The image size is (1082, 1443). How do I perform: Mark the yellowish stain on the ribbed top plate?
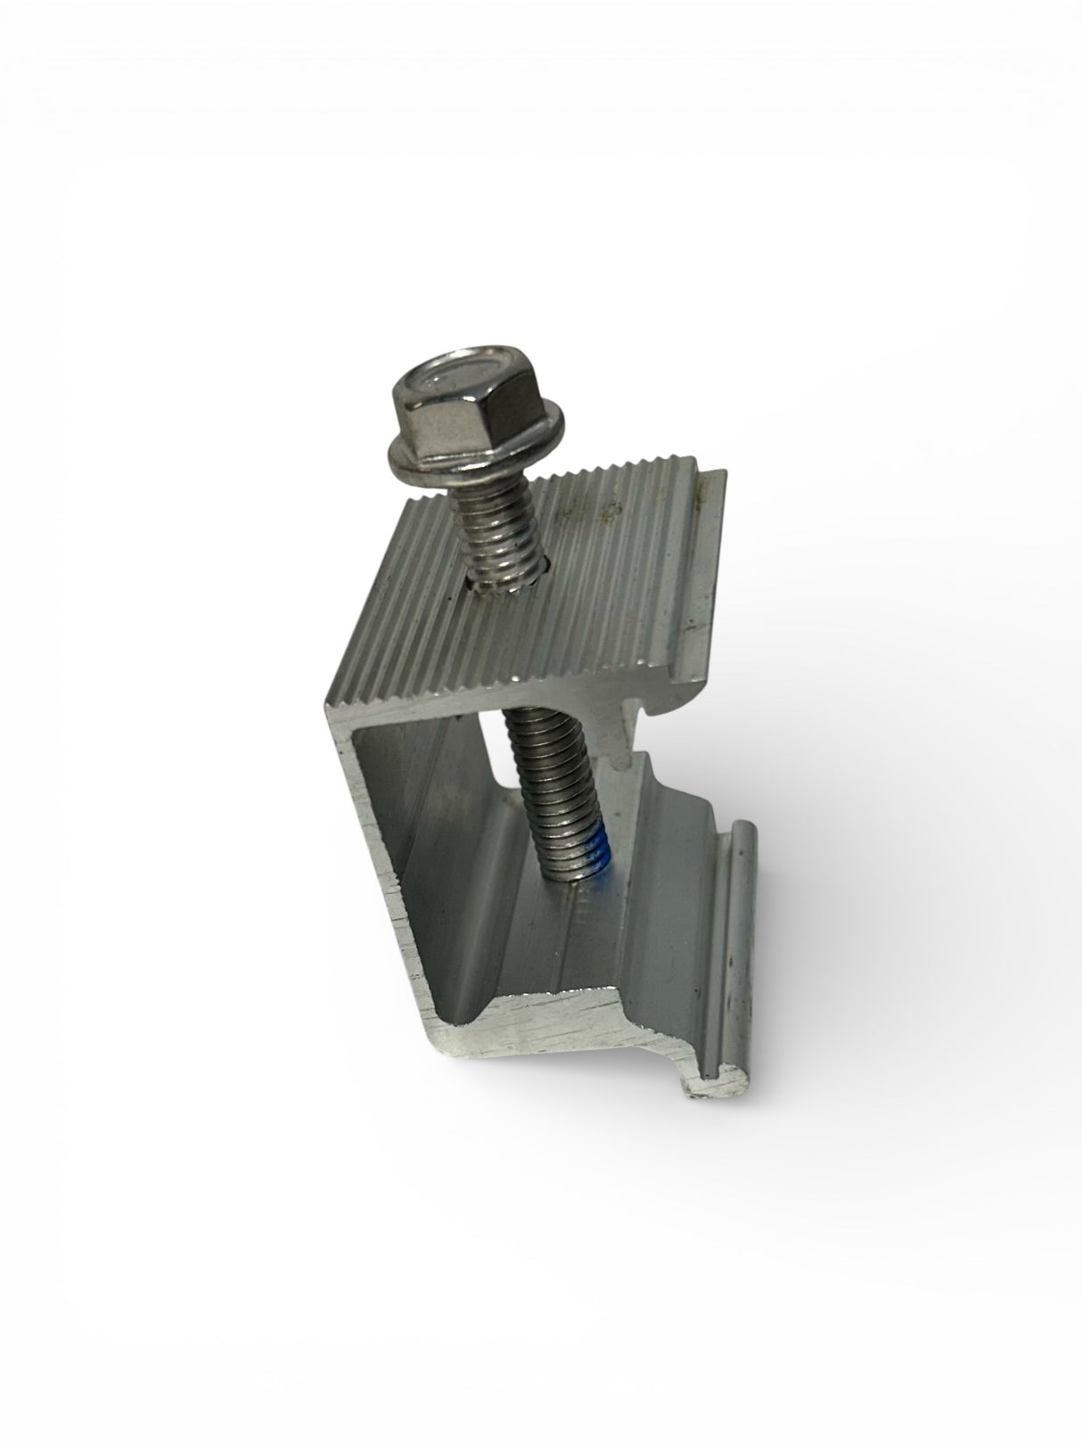pyautogui.click(x=608, y=512)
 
